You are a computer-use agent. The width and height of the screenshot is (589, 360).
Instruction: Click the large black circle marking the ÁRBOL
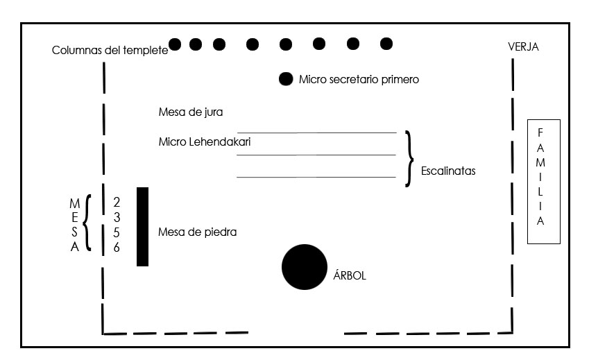pyautogui.click(x=305, y=267)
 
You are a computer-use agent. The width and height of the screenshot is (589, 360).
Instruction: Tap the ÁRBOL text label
pyautogui.click(x=350, y=275)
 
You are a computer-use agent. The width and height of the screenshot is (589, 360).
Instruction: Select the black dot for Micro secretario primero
pyautogui.click(x=286, y=79)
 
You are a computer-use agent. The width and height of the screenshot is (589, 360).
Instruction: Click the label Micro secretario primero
pyautogui.click(x=359, y=80)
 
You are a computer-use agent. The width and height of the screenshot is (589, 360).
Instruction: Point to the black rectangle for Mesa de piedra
pyautogui.click(x=142, y=227)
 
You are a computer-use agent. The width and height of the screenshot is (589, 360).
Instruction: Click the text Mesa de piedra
pyautogui.click(x=197, y=232)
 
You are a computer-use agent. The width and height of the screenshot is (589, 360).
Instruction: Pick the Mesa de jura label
pyautogui.click(x=191, y=112)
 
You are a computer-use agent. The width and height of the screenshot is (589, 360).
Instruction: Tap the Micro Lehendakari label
pyautogui.click(x=205, y=142)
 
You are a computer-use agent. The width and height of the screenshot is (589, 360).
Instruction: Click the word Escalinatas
pyautogui.click(x=448, y=171)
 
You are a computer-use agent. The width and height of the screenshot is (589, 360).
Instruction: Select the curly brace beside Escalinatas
pyautogui.click(x=409, y=159)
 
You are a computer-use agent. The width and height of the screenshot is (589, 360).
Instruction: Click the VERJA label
pyautogui.click(x=523, y=46)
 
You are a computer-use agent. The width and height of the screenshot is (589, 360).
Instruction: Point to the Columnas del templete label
pyautogui.click(x=110, y=50)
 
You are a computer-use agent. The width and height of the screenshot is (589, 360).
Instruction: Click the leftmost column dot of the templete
pyautogui.click(x=175, y=44)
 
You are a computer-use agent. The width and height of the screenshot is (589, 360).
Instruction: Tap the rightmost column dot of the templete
pyautogui.click(x=386, y=44)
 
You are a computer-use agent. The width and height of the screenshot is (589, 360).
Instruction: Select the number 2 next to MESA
pyautogui.click(x=117, y=202)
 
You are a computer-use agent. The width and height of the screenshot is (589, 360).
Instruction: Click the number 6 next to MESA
pyautogui.click(x=117, y=247)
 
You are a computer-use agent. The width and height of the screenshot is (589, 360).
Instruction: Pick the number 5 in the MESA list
pyautogui.click(x=117, y=232)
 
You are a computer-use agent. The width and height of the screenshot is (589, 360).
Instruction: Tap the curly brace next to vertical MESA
pyautogui.click(x=87, y=222)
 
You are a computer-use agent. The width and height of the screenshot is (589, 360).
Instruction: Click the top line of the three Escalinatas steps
pyautogui.click(x=316, y=132)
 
